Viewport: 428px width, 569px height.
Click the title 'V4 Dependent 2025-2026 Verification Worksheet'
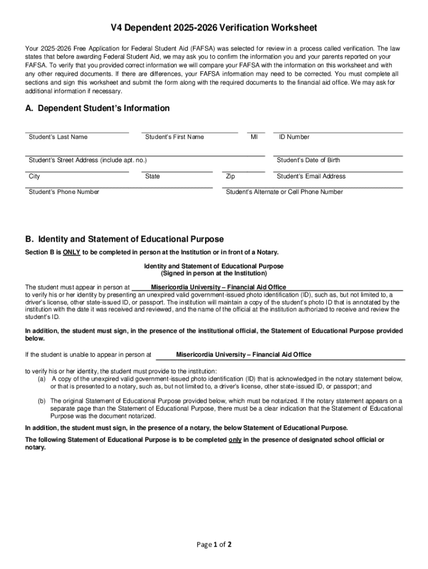213,28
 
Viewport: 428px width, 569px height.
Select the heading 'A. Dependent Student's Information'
97,108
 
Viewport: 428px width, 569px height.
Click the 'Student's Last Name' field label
58,137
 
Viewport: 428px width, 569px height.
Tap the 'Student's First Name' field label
174,137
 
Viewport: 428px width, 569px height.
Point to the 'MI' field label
254,137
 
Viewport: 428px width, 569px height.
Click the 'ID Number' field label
294,137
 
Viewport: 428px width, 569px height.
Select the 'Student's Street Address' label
87,161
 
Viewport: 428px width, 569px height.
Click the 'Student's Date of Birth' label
308,161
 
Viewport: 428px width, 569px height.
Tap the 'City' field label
34,177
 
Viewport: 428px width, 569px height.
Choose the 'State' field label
152,177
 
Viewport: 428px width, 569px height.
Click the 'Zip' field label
230,177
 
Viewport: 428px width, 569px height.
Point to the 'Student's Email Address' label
311,177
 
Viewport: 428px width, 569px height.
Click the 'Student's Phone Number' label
64,192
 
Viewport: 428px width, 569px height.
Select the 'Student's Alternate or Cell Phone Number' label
284,192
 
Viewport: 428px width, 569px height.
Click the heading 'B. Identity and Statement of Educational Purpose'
125,239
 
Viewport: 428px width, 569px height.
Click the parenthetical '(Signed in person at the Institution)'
213,274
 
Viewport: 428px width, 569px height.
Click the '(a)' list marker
42,379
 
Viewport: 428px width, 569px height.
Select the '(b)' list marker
42,401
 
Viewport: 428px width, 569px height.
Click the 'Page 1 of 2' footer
214,545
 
